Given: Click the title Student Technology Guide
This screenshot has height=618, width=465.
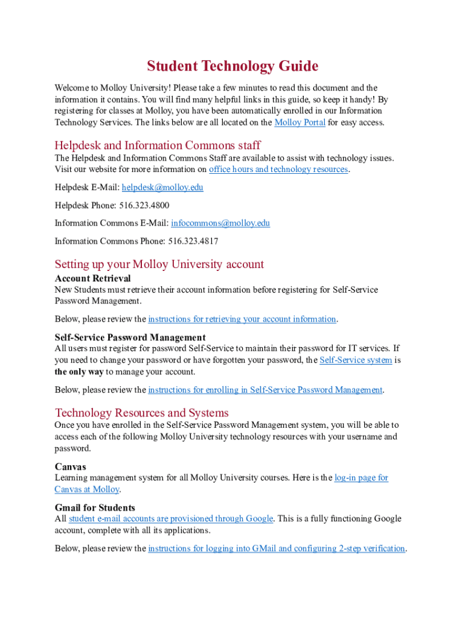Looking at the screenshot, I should (232, 66).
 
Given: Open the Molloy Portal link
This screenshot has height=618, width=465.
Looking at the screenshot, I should (300, 123).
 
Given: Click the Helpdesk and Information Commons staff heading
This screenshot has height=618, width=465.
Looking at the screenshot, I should (158, 145).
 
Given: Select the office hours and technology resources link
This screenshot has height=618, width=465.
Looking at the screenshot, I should (278, 170).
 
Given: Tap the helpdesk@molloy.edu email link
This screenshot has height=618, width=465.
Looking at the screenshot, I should (162, 188).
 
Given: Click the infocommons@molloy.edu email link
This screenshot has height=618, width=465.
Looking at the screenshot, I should (220, 223).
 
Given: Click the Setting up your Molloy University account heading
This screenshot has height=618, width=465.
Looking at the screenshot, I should (159, 264).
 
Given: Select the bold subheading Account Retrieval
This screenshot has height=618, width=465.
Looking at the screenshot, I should (92, 279).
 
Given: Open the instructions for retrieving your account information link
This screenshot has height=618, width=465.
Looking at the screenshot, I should (242, 319).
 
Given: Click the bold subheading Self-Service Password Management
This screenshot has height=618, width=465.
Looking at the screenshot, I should (130, 337).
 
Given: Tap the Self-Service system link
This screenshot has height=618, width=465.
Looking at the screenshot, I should (356, 360).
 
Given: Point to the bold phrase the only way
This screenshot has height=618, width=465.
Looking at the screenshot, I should (79, 372).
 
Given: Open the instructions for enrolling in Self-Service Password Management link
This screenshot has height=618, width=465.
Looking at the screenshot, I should (265, 390).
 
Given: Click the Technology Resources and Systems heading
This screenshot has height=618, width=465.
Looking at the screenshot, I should (142, 413).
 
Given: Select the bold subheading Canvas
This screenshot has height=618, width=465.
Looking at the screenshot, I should (71, 467).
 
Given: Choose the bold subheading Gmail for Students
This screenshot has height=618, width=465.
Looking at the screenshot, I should (95, 508).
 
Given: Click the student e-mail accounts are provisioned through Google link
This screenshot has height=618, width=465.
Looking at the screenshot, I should (172, 519).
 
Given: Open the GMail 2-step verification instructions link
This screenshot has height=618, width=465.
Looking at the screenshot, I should (277, 549).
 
